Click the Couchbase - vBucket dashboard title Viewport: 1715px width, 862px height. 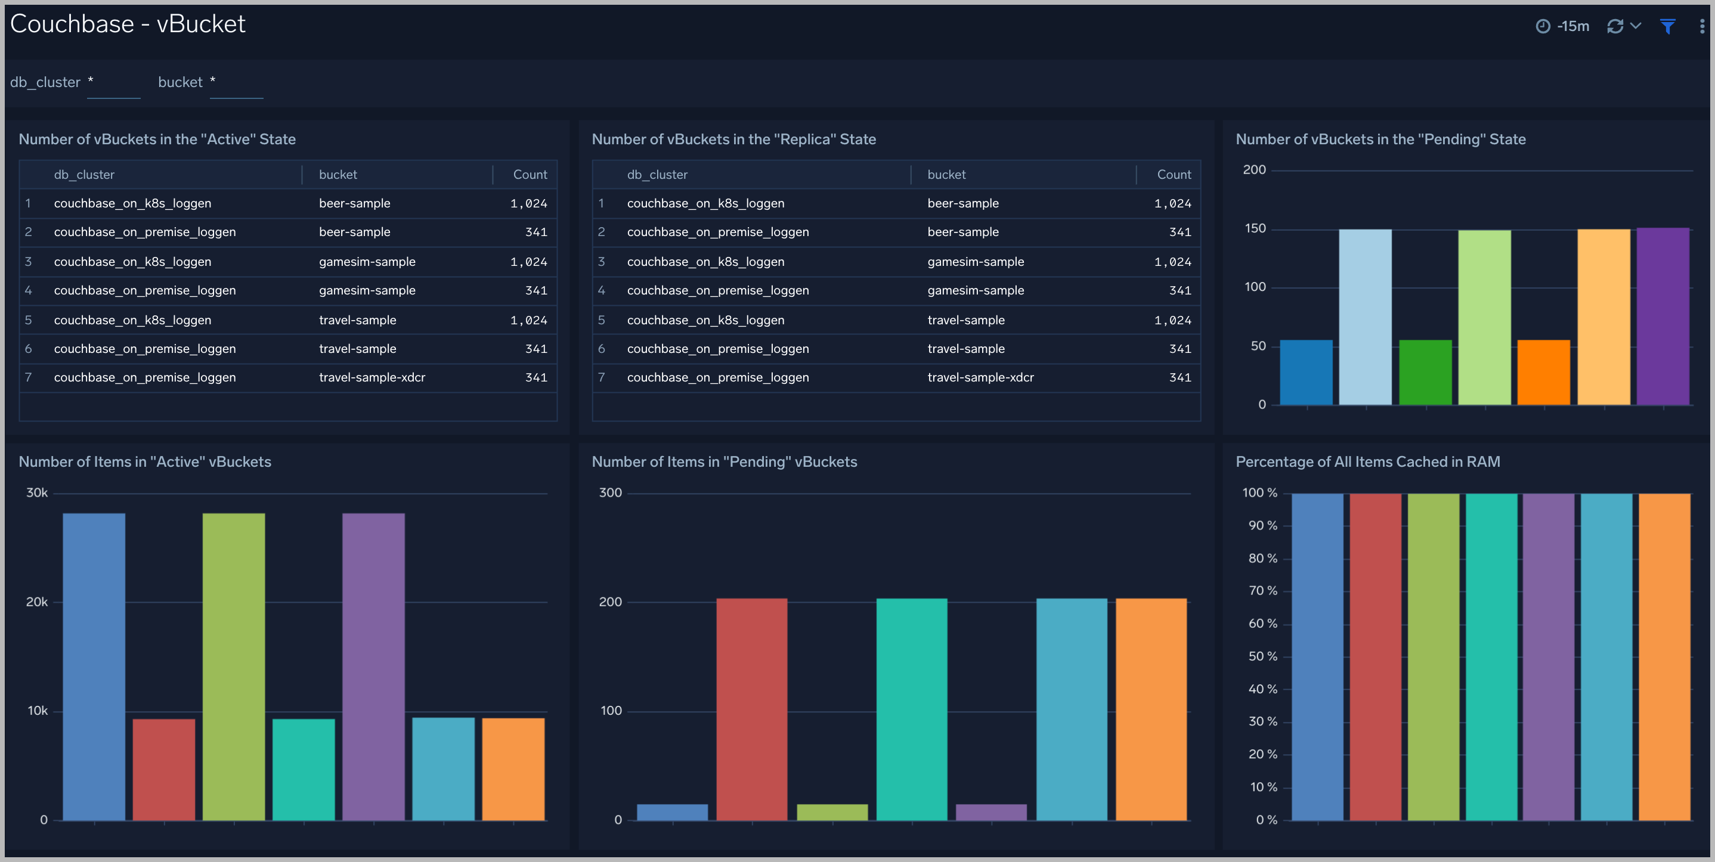click(x=128, y=24)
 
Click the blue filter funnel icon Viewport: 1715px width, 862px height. click(x=1667, y=26)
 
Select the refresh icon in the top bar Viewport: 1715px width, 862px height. click(x=1614, y=26)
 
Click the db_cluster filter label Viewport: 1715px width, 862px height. click(x=45, y=82)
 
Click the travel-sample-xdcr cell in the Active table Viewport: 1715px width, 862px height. click(x=372, y=377)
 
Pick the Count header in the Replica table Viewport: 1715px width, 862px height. click(x=1173, y=175)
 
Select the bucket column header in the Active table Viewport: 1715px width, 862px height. click(x=338, y=175)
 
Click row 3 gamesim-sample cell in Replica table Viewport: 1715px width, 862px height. click(x=976, y=262)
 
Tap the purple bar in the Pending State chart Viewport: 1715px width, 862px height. click(x=1663, y=316)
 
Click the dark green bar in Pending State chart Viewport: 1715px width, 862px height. click(x=1425, y=372)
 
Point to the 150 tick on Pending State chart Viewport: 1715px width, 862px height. click(x=1255, y=228)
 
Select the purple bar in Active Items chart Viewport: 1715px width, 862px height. click(x=373, y=666)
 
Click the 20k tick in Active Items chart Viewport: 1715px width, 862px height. click(x=36, y=601)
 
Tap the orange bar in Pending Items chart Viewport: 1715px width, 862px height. click(x=1150, y=709)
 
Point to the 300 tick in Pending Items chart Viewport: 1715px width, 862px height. click(x=610, y=492)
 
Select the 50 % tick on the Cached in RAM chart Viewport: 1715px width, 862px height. click(x=1262, y=656)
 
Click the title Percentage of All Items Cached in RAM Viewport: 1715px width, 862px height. click(x=1367, y=461)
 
